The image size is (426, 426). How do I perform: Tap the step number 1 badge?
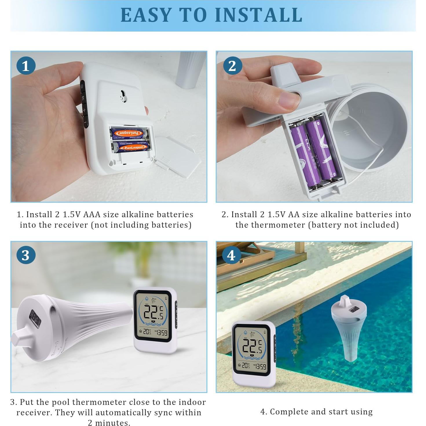coord(26,66)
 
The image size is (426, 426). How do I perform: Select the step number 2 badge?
coord(232,66)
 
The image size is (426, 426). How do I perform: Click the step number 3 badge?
coord(26,255)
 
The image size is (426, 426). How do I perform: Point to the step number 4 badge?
coord(231,255)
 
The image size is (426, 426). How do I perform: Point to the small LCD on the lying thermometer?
coord(35,318)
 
